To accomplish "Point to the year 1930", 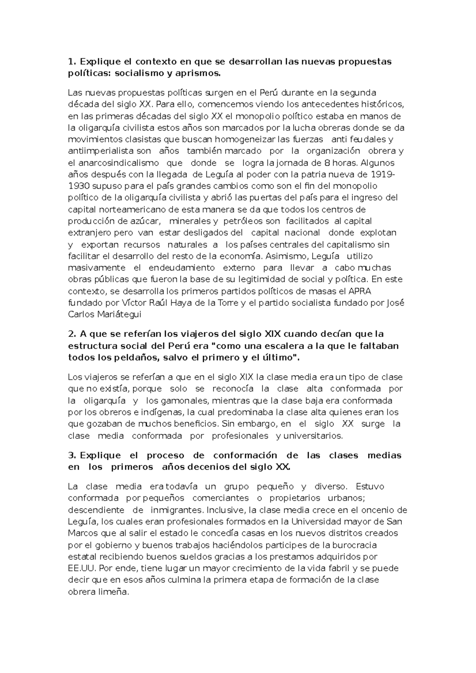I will [80, 186].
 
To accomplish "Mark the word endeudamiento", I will [182, 268].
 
